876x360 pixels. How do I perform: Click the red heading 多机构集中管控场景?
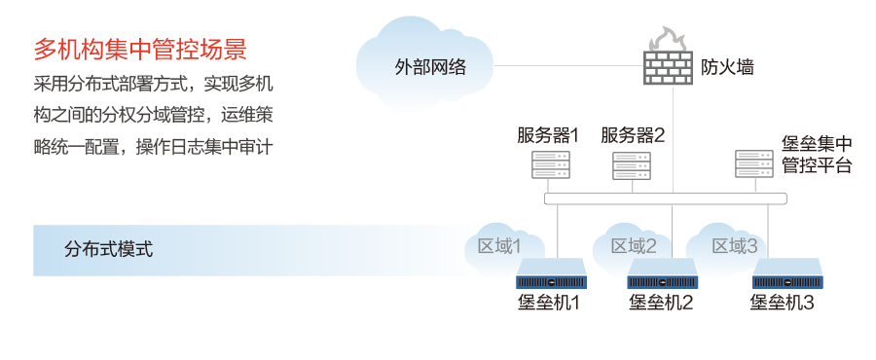click(139, 48)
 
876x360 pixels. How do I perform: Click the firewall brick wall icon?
click(670, 64)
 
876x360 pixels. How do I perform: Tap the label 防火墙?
click(727, 67)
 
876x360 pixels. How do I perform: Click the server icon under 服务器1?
click(547, 164)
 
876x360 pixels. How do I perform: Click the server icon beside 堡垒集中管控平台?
click(752, 162)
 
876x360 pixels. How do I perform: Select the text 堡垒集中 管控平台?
click(817, 155)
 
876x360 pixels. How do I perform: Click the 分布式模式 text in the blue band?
click(109, 249)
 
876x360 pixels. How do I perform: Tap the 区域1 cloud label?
click(499, 246)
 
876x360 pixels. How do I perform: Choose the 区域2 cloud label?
click(634, 246)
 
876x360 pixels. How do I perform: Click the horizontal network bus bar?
click(666, 198)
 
